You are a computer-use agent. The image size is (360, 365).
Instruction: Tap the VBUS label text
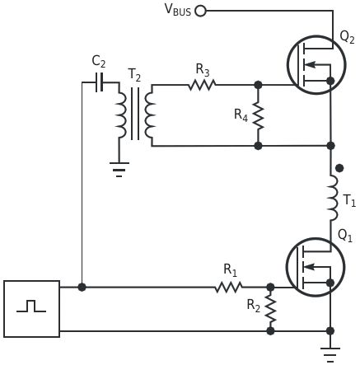point(178,10)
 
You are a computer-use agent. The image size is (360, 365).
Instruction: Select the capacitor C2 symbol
point(100,82)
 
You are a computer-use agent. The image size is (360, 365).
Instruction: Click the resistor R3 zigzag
point(202,85)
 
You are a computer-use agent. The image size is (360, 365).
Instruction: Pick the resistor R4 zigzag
point(258,115)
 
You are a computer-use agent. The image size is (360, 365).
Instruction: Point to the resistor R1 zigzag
point(228,288)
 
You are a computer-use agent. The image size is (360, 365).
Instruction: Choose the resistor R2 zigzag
point(270,309)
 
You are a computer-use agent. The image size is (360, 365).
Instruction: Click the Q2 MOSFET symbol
point(316,65)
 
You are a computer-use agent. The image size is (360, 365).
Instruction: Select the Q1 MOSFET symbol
point(316,267)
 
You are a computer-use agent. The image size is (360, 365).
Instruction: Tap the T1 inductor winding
point(333,198)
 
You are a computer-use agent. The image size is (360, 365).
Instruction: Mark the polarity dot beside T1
point(339,168)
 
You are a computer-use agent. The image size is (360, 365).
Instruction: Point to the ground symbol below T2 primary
point(119,170)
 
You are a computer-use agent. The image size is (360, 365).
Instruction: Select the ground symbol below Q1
point(330,355)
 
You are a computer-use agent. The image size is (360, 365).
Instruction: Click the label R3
point(203,70)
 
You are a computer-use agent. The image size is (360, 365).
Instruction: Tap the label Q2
point(347,37)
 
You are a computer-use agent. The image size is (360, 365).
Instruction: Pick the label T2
point(134,75)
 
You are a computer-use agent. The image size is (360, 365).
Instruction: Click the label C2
point(99,62)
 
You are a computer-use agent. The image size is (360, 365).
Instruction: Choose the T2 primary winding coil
point(120,115)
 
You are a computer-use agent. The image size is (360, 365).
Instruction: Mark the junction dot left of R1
point(82,288)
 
